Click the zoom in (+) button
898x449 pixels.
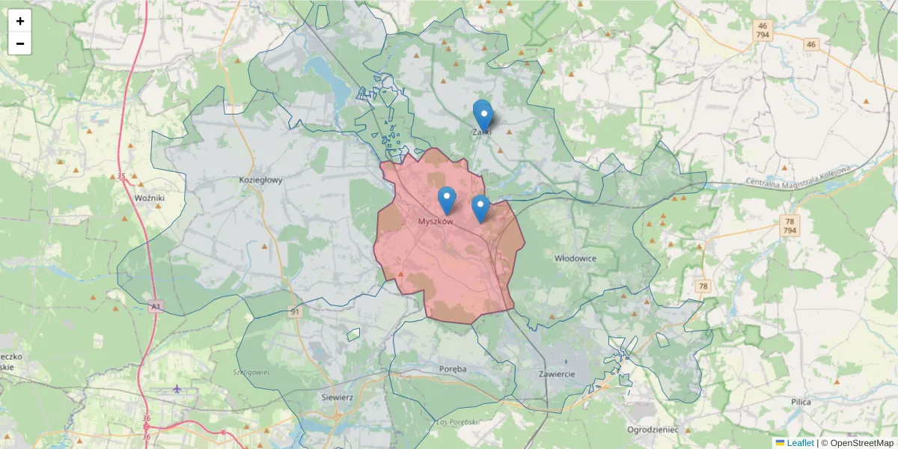(x=20, y=21)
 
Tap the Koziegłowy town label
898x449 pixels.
(x=260, y=180)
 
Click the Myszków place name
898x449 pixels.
(x=436, y=222)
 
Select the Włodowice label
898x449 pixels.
(x=575, y=258)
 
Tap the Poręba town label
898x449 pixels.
(x=453, y=369)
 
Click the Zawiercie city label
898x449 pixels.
(x=556, y=373)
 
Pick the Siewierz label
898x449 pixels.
(x=337, y=397)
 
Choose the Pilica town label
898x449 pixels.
(x=801, y=402)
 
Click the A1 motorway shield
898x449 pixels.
(x=155, y=307)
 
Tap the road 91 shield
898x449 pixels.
(x=296, y=312)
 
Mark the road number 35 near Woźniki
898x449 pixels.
(x=121, y=177)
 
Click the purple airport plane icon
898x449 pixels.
(x=177, y=388)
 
